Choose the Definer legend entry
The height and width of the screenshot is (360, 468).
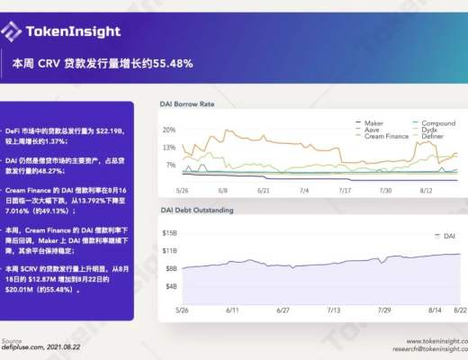pyautogui.click(x=433, y=138)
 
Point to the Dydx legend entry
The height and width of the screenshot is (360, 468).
pyautogui.click(x=429, y=130)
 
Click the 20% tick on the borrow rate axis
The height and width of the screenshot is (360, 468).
pyautogui.click(x=168, y=130)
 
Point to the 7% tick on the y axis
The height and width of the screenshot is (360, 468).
pyautogui.click(x=170, y=165)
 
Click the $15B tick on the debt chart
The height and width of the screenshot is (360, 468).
pyautogui.click(x=169, y=233)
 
